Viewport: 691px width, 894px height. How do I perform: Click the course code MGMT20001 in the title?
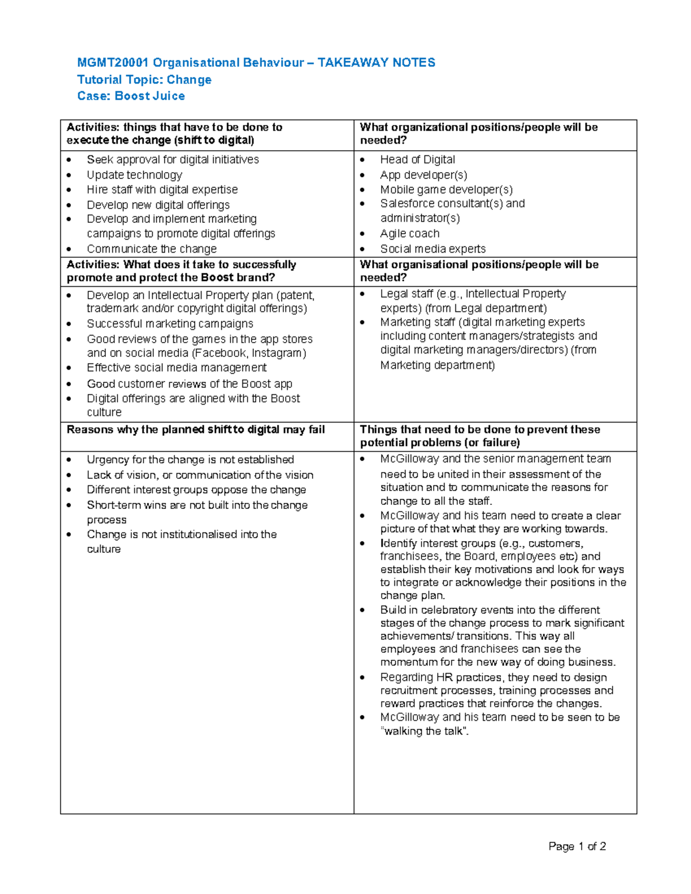pyautogui.click(x=113, y=63)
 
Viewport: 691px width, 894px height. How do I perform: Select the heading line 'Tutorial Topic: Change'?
pyautogui.click(x=145, y=79)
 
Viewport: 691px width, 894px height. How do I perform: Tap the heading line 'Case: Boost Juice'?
pyautogui.click(x=131, y=96)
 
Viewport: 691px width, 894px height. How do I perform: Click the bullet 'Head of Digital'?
pyautogui.click(x=417, y=159)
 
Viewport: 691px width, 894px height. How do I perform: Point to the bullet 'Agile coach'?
pyautogui.click(x=409, y=233)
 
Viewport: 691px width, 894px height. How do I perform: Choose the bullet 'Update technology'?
pyautogui.click(x=134, y=174)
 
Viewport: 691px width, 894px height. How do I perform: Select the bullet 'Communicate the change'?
pyautogui.click(x=151, y=249)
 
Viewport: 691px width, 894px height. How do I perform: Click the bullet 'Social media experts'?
pyautogui.click(x=432, y=249)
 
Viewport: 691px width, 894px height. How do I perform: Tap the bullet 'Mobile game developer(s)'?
pyautogui.click(x=446, y=189)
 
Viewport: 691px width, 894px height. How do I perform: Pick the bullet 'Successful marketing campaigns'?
pyautogui.click(x=170, y=324)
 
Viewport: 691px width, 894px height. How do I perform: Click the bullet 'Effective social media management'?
pyautogui.click(x=177, y=367)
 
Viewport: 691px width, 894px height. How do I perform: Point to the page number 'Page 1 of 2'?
pyautogui.click(x=577, y=846)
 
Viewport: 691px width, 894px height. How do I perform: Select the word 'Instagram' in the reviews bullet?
pyautogui.click(x=279, y=353)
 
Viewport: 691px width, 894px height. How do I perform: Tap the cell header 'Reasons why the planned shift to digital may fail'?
pyautogui.click(x=196, y=429)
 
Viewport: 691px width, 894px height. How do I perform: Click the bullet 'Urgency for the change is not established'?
pyautogui.click(x=190, y=459)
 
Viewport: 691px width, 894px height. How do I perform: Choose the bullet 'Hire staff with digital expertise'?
pyautogui.click(x=162, y=189)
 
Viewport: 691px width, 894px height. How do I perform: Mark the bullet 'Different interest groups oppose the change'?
pyautogui.click(x=196, y=490)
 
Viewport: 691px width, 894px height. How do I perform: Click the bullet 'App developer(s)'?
pyautogui.click(x=423, y=174)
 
